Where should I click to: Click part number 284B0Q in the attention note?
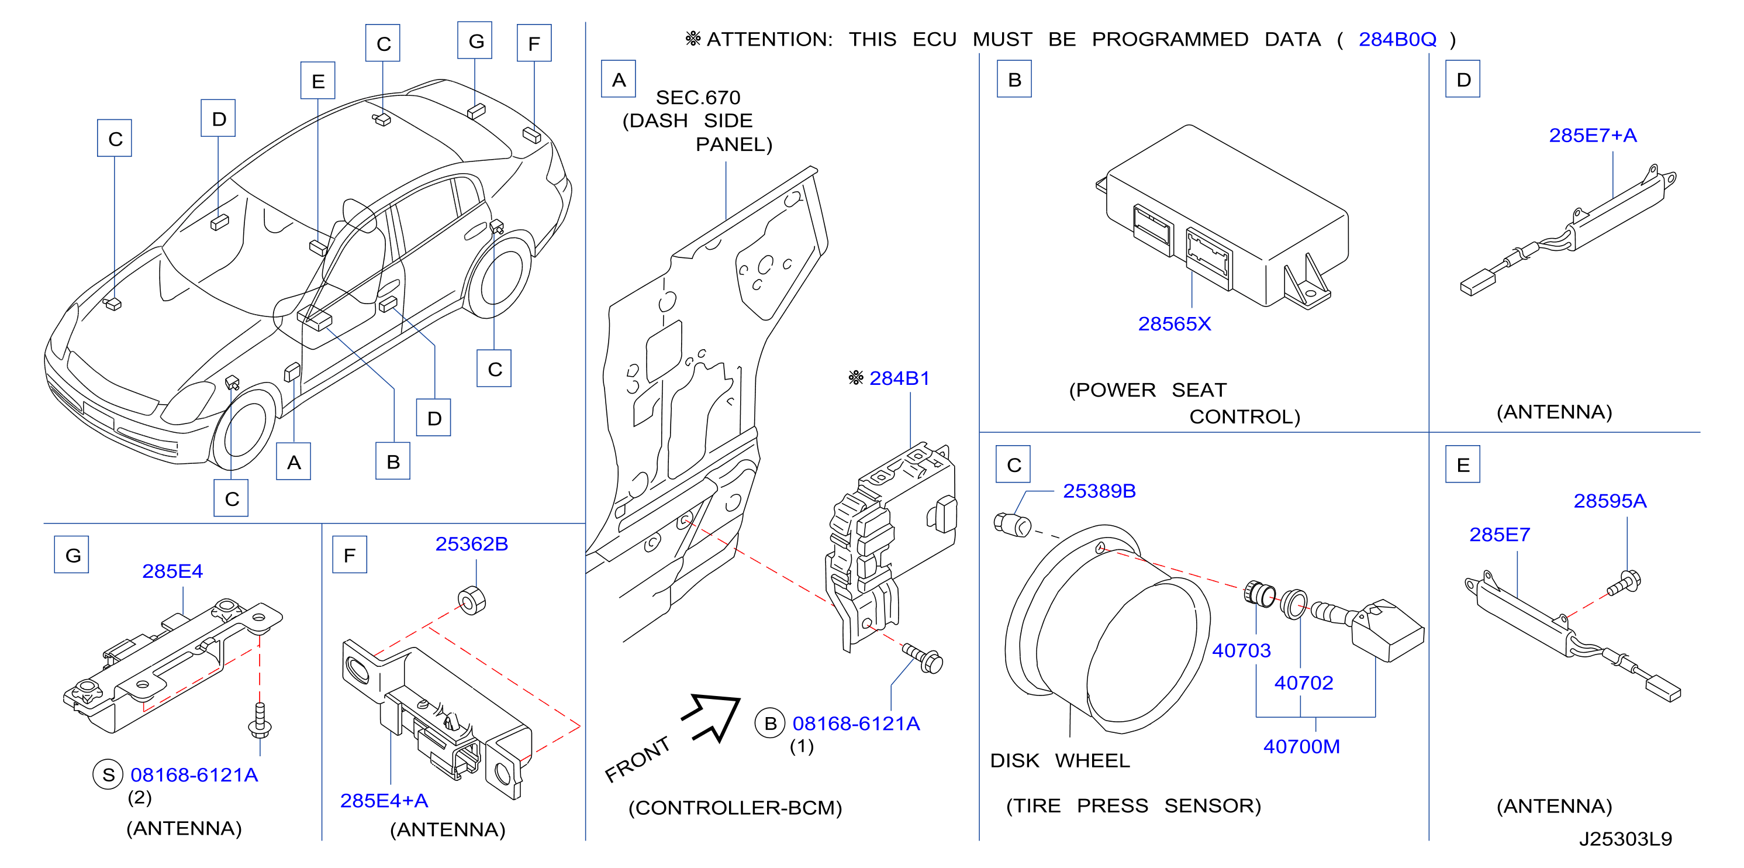pos(1397,39)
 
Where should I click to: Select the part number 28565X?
pos(1174,323)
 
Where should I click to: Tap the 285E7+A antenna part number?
pos(1593,136)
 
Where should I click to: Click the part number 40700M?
pos(1301,746)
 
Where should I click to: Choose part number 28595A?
pos(1610,501)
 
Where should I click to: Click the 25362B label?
pos(471,544)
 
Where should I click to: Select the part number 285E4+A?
pos(384,801)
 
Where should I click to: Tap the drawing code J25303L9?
pos(1625,839)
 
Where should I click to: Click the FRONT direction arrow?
pos(712,717)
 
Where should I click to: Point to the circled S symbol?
pos(108,774)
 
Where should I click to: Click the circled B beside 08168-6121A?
pos(770,723)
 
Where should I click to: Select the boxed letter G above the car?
pos(475,40)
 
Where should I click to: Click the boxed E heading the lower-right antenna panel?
pos(1462,464)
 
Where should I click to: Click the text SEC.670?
pos(698,98)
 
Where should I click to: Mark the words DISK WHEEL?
pos(1059,760)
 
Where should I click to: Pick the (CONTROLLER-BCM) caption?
pos(735,808)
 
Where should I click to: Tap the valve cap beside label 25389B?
pos(1012,525)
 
